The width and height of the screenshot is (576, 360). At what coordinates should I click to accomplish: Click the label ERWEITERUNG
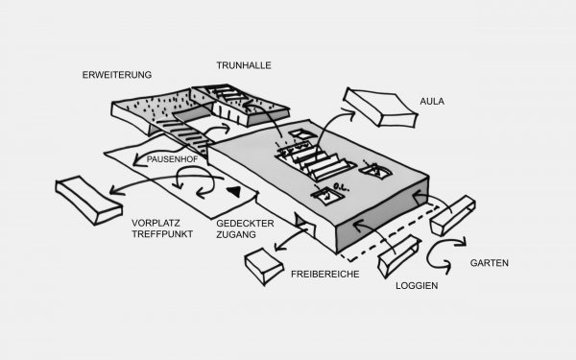[x=117, y=75]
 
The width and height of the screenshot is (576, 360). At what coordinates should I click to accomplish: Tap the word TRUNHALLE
[x=244, y=65]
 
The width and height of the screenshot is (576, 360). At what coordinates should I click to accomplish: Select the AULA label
[x=432, y=101]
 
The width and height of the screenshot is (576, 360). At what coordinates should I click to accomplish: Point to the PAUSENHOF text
[x=172, y=159]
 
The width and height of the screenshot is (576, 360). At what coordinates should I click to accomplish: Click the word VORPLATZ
[x=156, y=223]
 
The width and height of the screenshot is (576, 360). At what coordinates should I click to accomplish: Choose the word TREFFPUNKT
[x=162, y=234]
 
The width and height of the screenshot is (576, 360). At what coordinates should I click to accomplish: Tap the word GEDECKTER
[x=245, y=224]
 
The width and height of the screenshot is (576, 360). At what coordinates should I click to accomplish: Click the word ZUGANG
[x=236, y=234]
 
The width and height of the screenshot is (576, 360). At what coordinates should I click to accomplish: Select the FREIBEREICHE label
[x=325, y=274]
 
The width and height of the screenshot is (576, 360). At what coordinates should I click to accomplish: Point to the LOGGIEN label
[x=417, y=285]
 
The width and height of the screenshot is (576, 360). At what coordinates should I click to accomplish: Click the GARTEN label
[x=490, y=263]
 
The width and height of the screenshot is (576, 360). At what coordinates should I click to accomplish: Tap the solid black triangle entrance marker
[x=234, y=191]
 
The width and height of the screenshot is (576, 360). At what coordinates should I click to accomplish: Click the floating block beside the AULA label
[x=380, y=108]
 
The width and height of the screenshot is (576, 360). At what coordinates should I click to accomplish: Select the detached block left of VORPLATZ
[x=88, y=200]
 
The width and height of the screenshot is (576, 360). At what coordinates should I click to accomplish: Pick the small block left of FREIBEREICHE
[x=264, y=266]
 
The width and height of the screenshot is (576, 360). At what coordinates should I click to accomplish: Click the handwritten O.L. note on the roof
[x=341, y=187]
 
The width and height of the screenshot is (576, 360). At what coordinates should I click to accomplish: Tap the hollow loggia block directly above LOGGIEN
[x=399, y=256]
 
